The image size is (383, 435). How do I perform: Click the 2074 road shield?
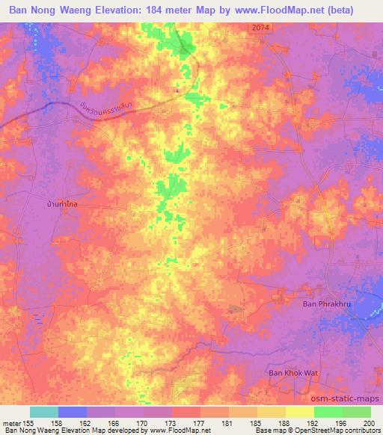click(x=259, y=26)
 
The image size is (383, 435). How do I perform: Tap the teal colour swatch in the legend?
click(x=44, y=412)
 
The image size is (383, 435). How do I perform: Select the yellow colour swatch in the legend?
click(x=300, y=412)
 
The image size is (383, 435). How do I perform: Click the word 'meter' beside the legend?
click(x=13, y=422)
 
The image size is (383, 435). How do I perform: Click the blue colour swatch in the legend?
click(x=73, y=412)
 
